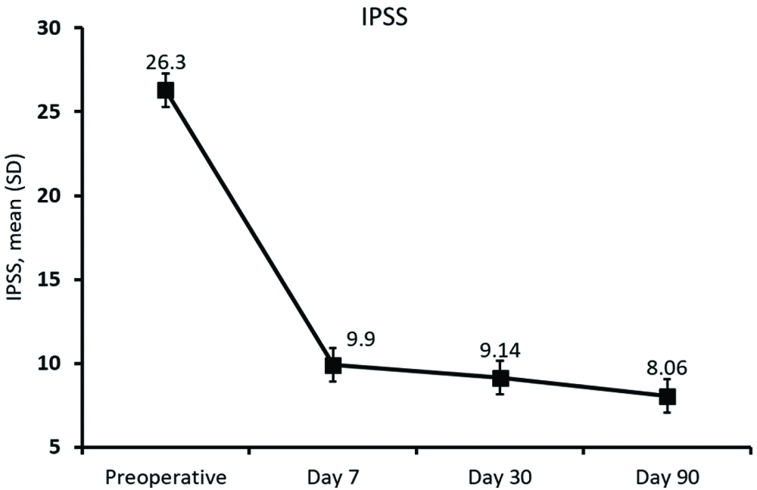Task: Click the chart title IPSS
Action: tap(383, 18)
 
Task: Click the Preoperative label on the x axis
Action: tap(166, 478)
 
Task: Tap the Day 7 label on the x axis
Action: tap(333, 478)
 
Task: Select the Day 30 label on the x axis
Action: tap(500, 478)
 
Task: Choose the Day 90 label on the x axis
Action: tap(667, 478)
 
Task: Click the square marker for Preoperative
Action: tap(166, 91)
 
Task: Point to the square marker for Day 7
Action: tap(333, 366)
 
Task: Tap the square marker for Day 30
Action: tap(500, 379)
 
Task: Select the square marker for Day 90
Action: tap(667, 397)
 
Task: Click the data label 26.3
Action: tap(166, 61)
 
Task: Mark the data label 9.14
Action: tap(500, 351)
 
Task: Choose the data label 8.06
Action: tap(667, 369)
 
